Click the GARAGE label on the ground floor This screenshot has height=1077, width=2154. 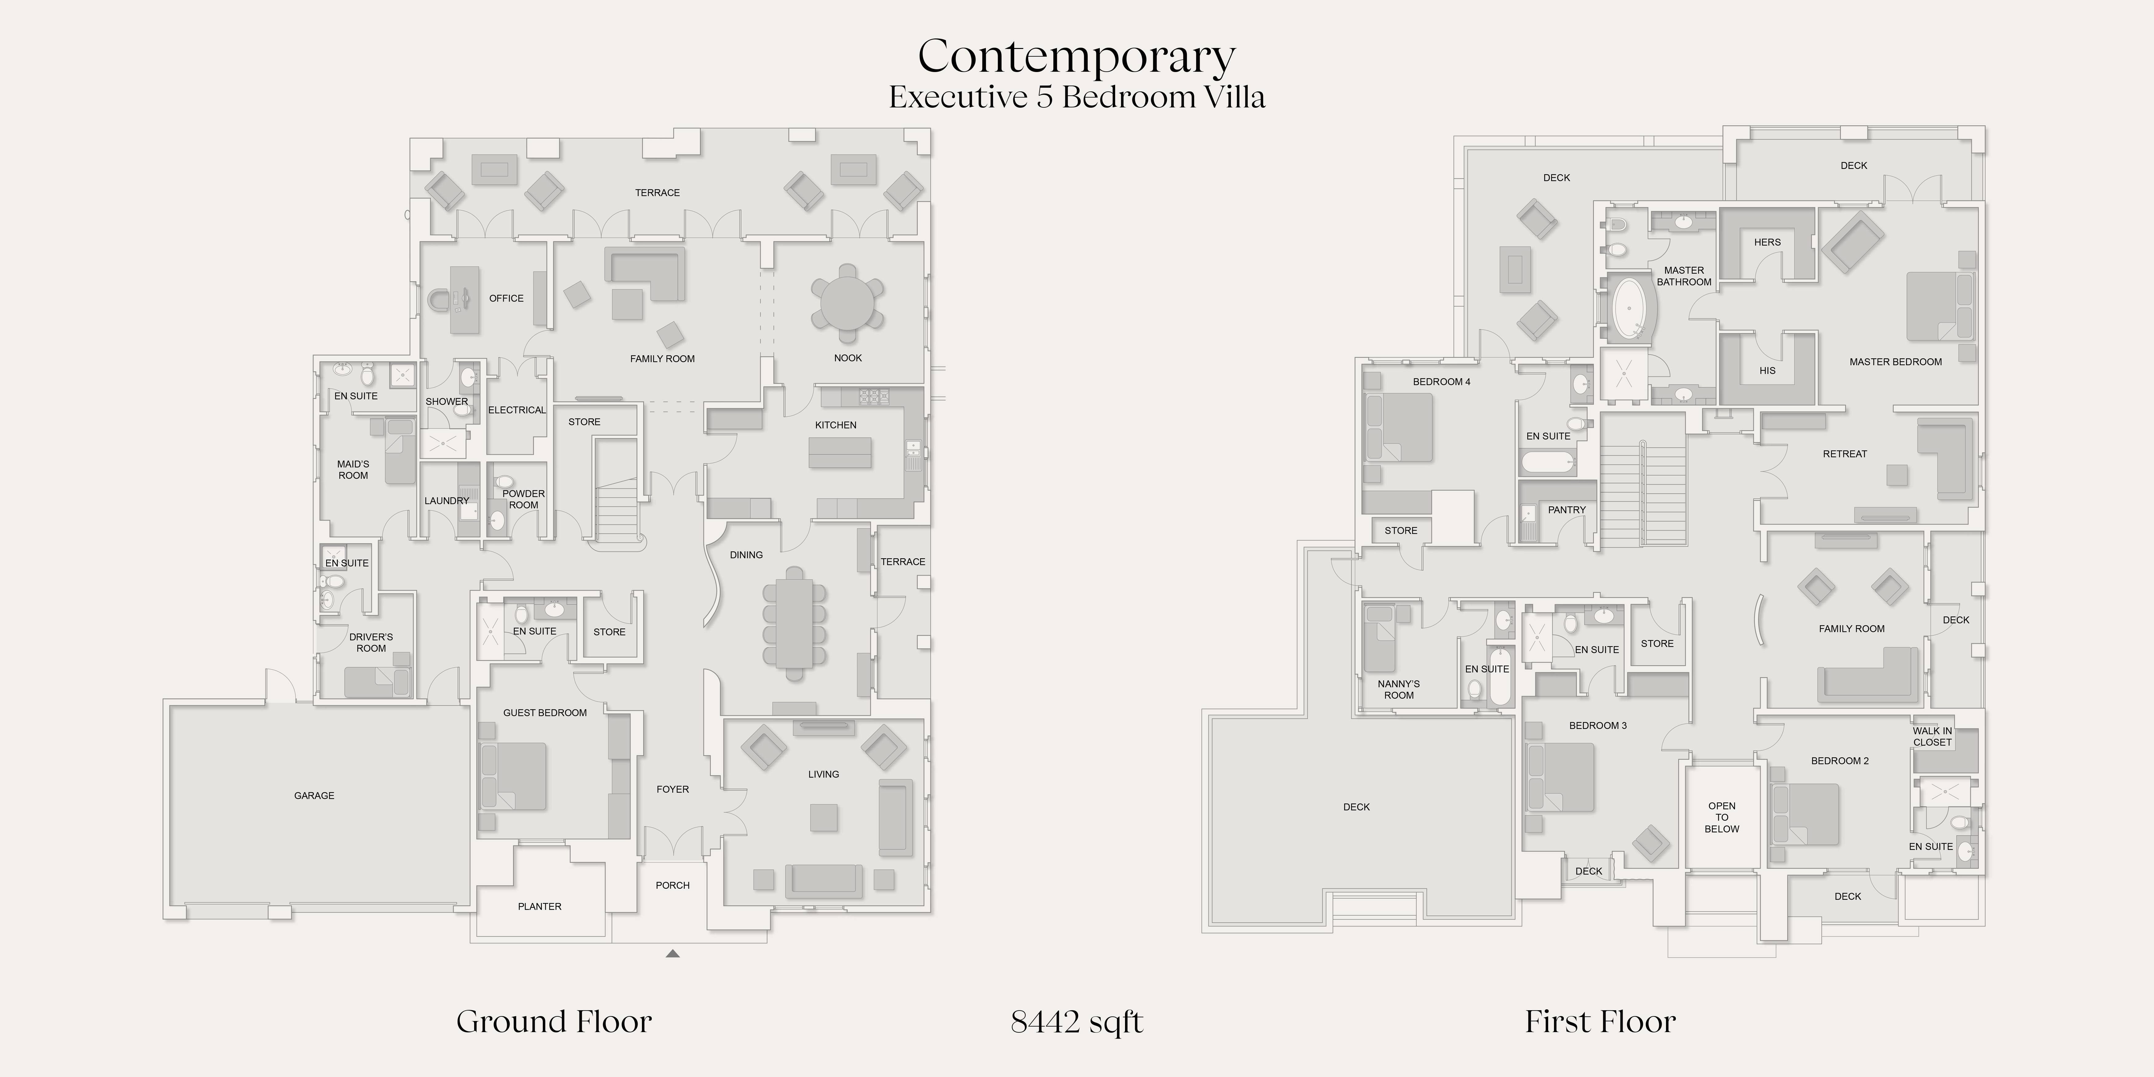point(314,795)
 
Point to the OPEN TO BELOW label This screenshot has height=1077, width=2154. point(1722,818)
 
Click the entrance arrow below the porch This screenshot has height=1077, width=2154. point(672,953)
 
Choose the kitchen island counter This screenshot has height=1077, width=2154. point(839,451)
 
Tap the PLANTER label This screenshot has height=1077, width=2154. point(539,907)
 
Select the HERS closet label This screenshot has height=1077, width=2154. point(1767,242)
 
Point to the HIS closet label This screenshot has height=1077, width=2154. point(1767,370)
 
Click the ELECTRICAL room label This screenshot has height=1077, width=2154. point(517,410)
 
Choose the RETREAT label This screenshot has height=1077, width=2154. point(1845,454)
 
